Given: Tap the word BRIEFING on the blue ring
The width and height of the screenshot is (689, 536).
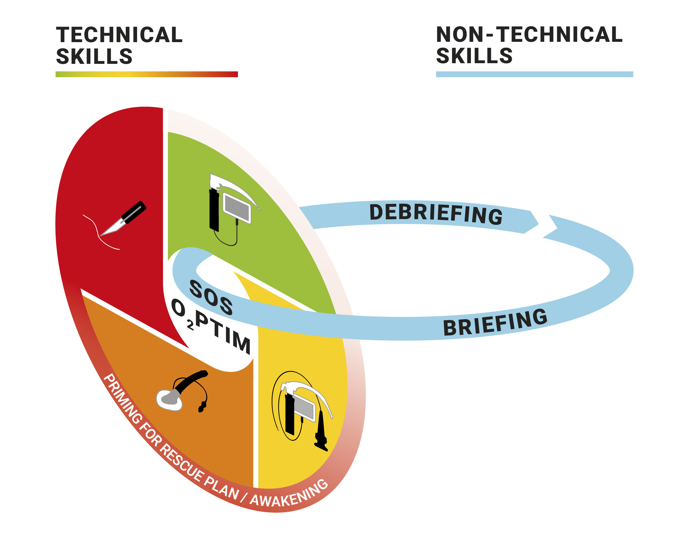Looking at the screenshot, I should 495,323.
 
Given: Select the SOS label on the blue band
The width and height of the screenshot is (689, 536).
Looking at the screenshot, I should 211,297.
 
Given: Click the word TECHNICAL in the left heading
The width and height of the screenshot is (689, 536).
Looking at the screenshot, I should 119,35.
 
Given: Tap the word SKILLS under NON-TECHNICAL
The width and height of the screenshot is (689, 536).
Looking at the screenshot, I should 474,56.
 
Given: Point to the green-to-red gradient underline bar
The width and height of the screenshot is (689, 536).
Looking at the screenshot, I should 146,74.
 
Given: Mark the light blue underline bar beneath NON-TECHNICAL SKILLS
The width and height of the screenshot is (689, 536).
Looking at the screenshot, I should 534,74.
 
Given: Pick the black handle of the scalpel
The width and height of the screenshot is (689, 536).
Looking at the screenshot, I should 134,212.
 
